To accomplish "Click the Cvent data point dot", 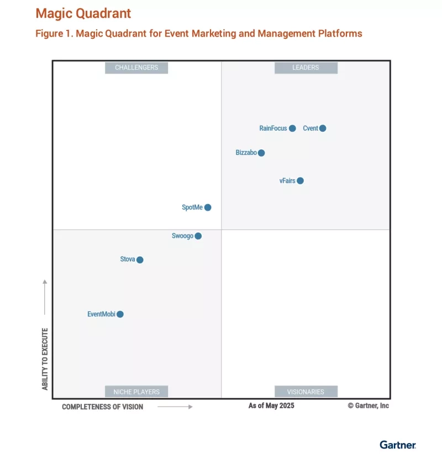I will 323,128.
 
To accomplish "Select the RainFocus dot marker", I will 292,128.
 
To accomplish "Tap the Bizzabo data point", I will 261,153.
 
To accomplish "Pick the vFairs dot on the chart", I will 300,181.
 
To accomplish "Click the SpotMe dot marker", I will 208,207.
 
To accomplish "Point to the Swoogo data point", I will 198,236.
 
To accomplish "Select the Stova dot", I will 140,260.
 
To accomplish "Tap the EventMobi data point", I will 120,314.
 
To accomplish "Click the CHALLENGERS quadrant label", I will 136,67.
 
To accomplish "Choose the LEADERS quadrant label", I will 306,67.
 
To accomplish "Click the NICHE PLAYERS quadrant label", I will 136,392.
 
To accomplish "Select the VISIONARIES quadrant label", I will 306,392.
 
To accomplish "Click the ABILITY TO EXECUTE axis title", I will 45,359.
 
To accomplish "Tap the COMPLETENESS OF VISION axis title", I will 102,407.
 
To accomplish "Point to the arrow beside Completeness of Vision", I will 175,407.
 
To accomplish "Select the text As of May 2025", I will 271,405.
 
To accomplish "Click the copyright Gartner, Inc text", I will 368,405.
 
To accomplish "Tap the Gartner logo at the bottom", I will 398,444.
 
